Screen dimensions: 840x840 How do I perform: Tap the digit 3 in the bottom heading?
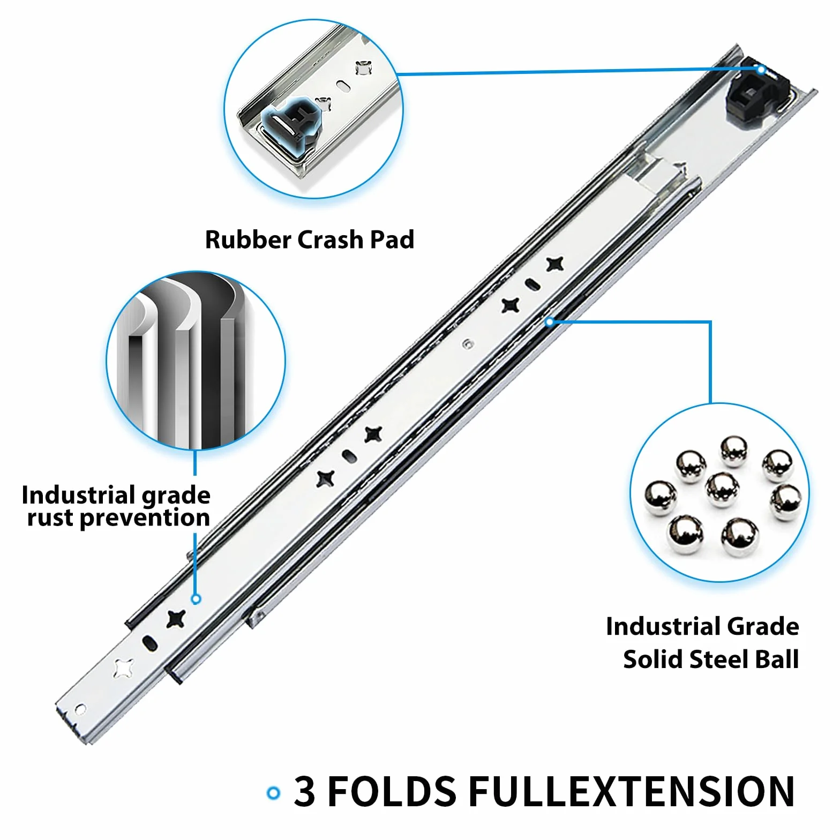tap(304, 791)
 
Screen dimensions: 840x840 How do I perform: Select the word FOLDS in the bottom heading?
tap(392, 791)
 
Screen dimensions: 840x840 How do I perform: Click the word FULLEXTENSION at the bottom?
tap(632, 791)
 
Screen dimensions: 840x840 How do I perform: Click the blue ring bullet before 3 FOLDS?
tap(274, 793)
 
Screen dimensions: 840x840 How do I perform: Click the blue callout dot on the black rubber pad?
tap(761, 69)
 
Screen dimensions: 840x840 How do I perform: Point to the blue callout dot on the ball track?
tap(550, 321)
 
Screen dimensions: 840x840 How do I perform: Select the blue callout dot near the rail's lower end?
tap(196, 598)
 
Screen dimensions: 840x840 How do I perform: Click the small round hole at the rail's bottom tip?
tap(80, 710)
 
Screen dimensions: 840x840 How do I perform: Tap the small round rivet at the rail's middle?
tap(468, 343)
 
